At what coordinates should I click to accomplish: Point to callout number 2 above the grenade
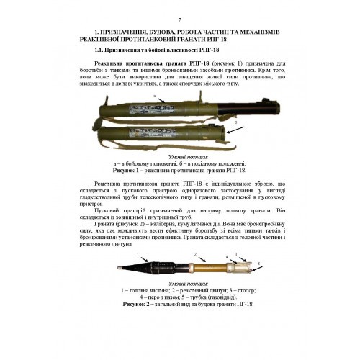tap(194, 254)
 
